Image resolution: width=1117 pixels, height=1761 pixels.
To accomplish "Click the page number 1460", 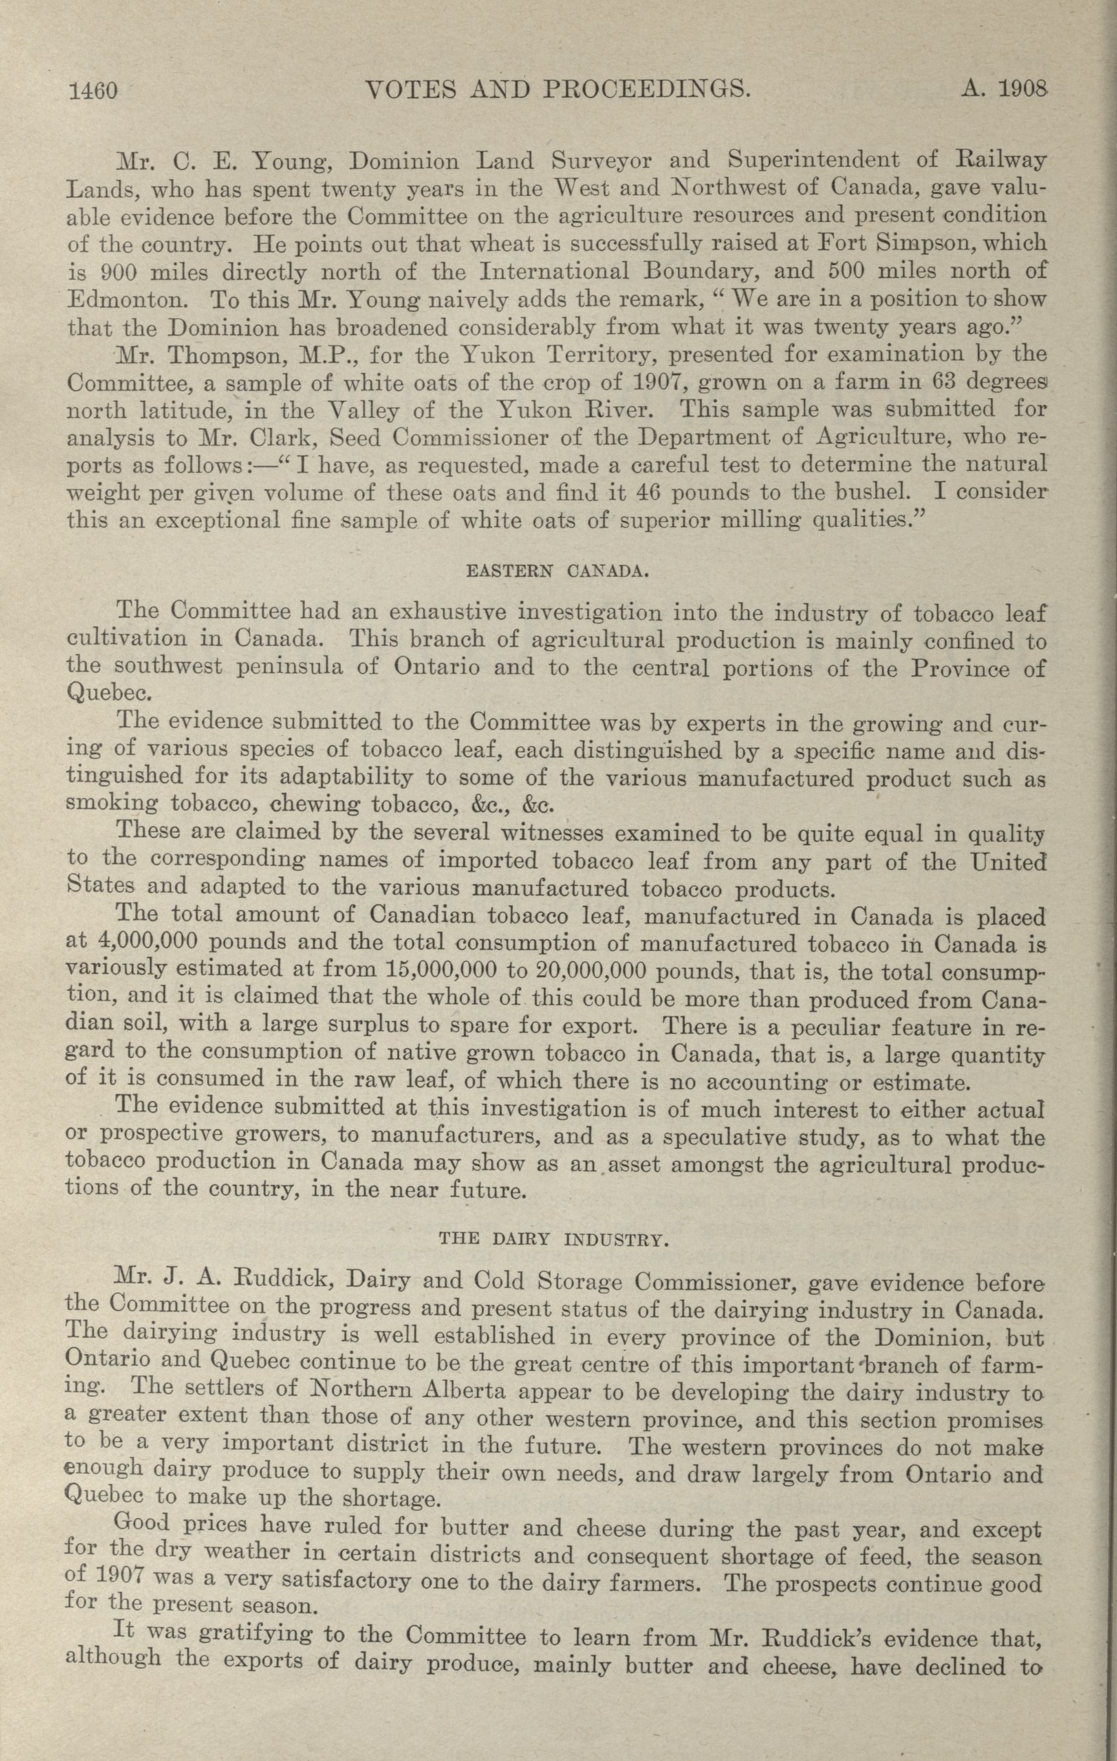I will [92, 91].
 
